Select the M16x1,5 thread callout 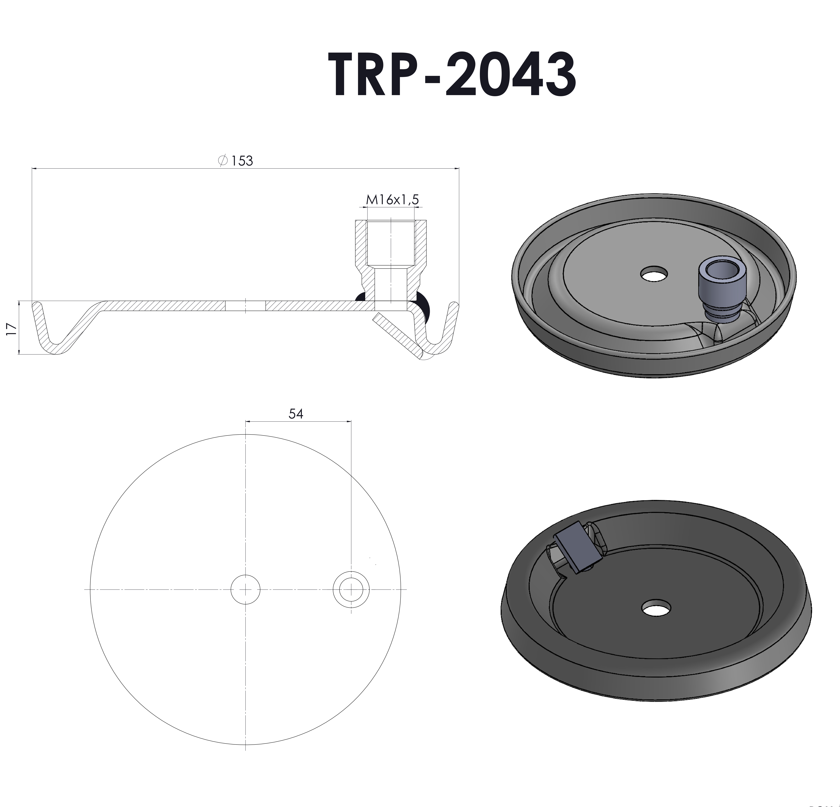(392, 200)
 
